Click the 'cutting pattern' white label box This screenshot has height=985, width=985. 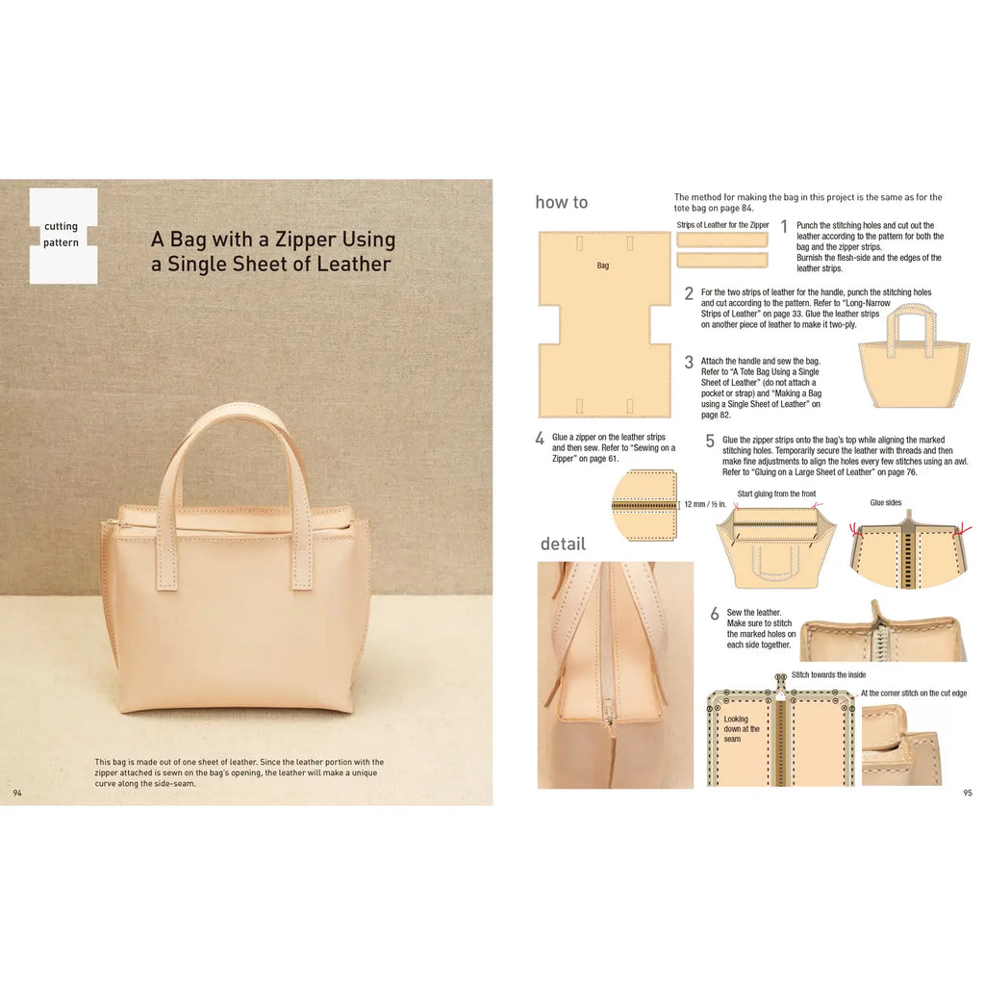(63, 236)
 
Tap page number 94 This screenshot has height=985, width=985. (17, 793)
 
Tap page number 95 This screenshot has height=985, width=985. (967, 793)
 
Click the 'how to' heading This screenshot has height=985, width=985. (561, 202)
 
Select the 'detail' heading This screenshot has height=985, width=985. (563, 543)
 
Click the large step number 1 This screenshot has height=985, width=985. (784, 227)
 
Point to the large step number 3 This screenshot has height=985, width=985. (689, 363)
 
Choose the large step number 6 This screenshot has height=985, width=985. (714, 614)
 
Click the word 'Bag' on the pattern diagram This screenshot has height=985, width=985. (603, 265)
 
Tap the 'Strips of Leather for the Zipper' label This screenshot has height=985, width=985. (722, 225)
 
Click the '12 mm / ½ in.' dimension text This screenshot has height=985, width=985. (706, 504)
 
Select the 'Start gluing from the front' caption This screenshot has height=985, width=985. (775, 494)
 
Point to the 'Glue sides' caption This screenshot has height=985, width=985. (885, 502)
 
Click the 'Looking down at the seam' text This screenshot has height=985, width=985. (742, 728)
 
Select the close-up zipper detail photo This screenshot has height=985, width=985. (615, 673)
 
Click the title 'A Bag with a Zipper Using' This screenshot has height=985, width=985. (272, 239)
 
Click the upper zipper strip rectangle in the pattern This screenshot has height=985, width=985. (721, 240)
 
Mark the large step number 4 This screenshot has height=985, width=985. (540, 439)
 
